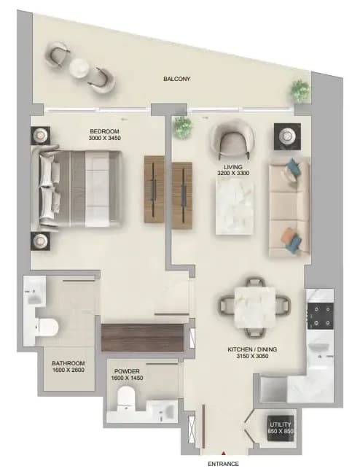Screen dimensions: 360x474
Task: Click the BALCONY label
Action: [177, 79]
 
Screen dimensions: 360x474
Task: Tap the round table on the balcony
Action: [79, 68]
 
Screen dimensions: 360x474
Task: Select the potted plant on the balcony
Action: [301, 90]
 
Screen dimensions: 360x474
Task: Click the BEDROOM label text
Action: [104, 131]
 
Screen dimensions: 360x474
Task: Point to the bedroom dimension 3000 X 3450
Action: [104, 138]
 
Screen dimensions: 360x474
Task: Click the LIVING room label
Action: [233, 167]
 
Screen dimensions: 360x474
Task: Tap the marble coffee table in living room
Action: [235, 206]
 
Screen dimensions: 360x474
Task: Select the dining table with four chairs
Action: [255, 307]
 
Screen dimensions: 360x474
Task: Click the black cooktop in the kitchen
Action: [320, 316]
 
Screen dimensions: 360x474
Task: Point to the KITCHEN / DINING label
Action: [252, 349]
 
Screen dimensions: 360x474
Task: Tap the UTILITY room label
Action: [281, 424]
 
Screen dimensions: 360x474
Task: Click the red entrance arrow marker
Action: [224, 453]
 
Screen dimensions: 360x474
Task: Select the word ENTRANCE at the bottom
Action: [223, 464]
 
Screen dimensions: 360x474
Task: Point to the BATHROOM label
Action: [69, 363]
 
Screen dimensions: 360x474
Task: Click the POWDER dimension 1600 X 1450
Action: [127, 378]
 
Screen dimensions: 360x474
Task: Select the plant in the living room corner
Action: [183, 127]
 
